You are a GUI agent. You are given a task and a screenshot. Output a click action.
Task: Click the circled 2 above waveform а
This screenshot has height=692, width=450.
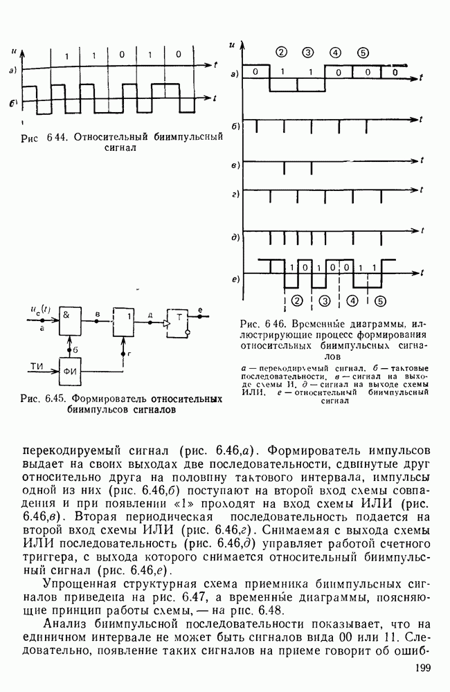coord(280,53)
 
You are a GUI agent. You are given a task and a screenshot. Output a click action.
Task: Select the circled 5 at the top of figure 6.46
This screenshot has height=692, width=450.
coord(363,53)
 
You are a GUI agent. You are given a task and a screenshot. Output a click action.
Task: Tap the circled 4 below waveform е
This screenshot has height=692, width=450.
coord(351,300)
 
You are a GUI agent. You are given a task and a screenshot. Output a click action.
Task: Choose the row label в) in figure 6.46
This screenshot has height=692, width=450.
coord(235,165)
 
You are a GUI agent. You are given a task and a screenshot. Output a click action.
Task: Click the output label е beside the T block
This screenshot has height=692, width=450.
coord(200,309)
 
